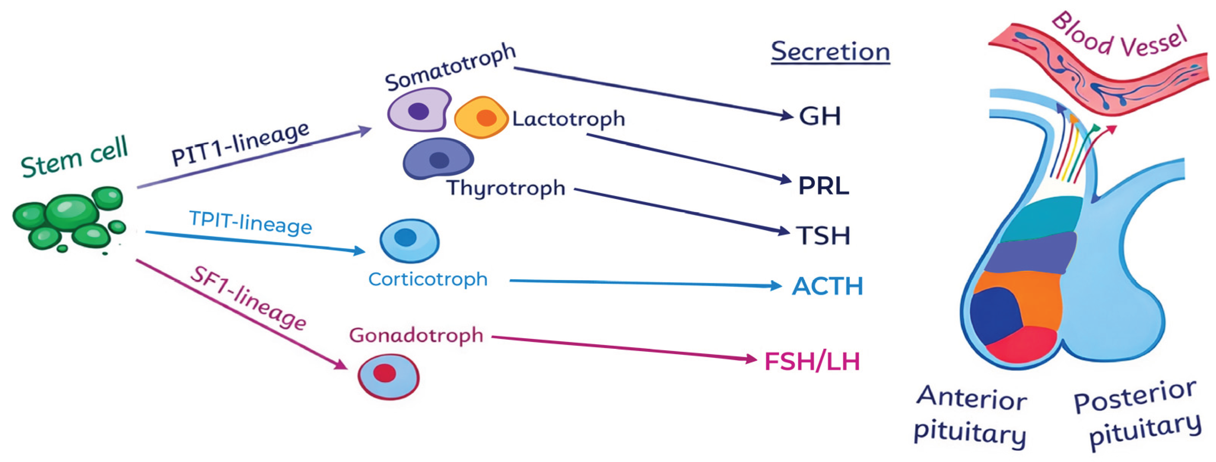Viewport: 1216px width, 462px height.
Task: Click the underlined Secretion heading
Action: point(830,52)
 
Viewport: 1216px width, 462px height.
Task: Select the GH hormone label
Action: point(819,116)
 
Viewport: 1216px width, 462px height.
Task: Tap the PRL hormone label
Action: point(823,186)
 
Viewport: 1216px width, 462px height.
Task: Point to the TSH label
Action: point(823,236)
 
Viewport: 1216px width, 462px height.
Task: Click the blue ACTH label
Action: point(827,286)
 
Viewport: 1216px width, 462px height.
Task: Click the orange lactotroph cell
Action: point(481,117)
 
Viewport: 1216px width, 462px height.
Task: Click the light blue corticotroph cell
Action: point(409,240)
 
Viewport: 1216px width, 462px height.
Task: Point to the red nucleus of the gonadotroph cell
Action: point(384,373)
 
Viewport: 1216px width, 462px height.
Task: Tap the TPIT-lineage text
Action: point(250,222)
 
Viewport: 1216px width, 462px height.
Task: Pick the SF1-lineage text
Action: point(248,298)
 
